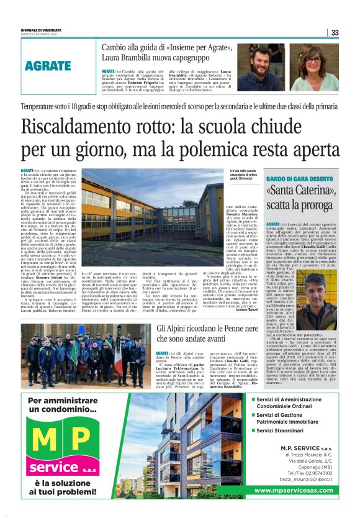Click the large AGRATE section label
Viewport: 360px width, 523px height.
[x=48, y=66]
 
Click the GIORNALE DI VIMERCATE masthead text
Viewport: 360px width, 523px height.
[x=40, y=29]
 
